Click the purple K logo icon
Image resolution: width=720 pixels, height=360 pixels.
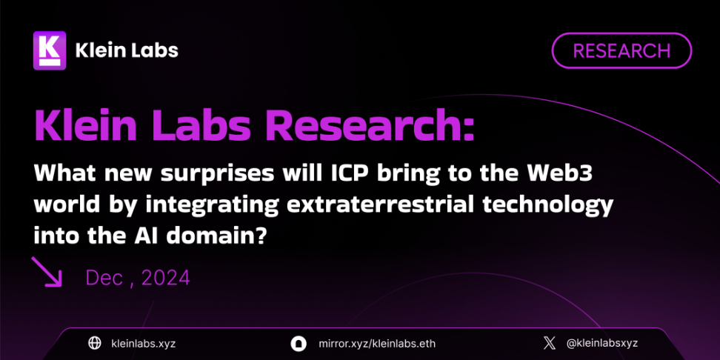pos(50,50)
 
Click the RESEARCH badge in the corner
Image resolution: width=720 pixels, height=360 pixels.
pos(621,50)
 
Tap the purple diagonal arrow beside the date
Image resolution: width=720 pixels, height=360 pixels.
pos(47,272)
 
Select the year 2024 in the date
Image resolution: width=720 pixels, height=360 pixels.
pos(165,278)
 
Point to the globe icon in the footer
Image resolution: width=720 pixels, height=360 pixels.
pos(95,343)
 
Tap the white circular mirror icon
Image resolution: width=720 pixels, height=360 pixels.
pos(298,344)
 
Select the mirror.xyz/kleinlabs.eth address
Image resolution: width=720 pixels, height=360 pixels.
pos(376,344)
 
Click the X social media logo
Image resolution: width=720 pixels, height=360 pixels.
pos(549,343)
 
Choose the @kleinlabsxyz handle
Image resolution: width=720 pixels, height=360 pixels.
pos(602,344)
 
